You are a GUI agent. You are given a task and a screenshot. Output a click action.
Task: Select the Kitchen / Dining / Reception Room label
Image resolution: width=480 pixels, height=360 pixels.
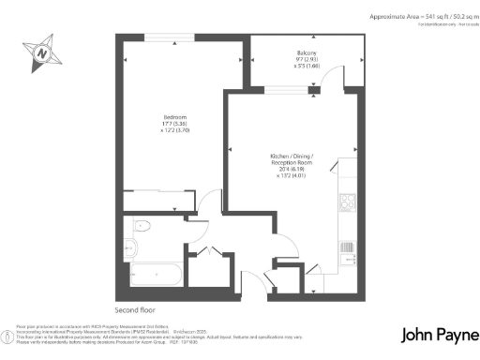coord(291,158)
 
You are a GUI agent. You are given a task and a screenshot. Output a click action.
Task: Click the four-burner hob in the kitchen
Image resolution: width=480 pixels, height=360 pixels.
coord(347,201)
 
